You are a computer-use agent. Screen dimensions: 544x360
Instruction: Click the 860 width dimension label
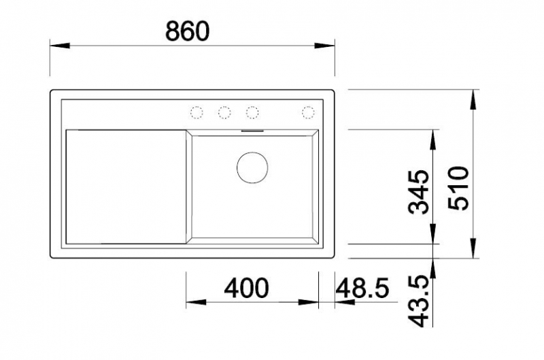[188, 31]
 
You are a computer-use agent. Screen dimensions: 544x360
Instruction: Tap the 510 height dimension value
[458, 188]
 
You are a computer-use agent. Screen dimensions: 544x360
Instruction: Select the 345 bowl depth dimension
[419, 192]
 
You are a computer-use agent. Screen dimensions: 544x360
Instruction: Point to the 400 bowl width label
[246, 288]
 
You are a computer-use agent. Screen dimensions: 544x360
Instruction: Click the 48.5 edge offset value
[362, 288]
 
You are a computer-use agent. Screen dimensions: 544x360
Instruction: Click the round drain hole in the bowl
[252, 167]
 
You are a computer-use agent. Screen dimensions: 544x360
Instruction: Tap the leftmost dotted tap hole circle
[197, 112]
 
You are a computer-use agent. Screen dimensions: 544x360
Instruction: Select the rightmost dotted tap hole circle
[308, 112]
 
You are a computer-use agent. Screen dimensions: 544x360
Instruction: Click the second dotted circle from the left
[224, 112]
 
